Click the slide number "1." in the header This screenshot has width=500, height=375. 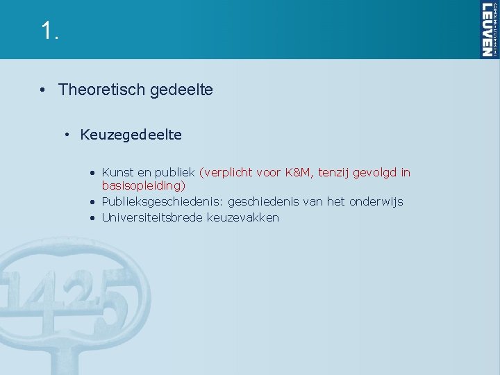point(49,31)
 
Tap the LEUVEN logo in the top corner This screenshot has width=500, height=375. point(488,29)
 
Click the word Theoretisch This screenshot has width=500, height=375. point(101,90)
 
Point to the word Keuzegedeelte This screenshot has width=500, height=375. point(131,135)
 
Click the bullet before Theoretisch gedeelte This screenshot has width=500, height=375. point(43,90)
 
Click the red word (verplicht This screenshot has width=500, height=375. point(225,172)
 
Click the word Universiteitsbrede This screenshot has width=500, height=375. point(152,217)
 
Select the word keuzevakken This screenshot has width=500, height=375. point(243,217)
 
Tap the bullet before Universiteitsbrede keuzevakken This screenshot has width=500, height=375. point(92,218)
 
